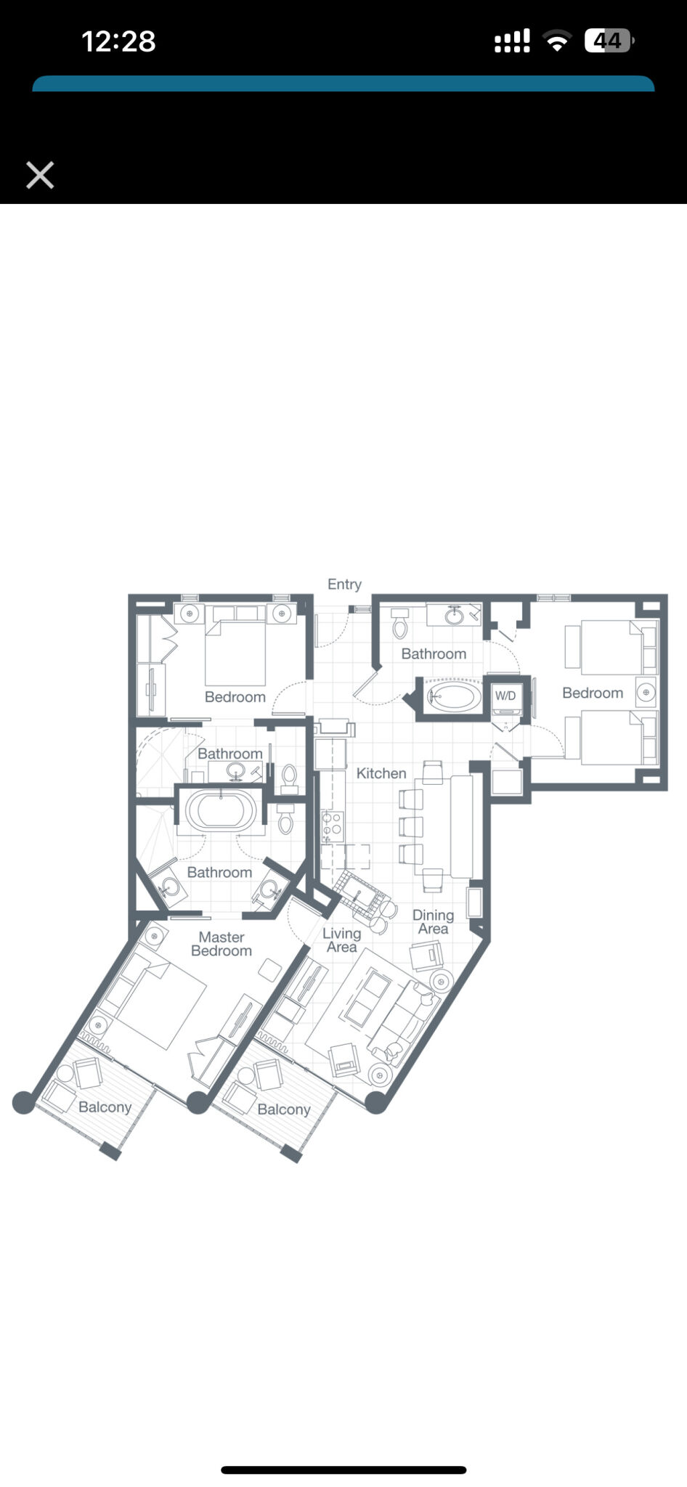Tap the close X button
click(x=40, y=175)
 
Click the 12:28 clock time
click(x=118, y=41)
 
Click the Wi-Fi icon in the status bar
click(x=557, y=41)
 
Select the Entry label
click(x=344, y=584)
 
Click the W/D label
click(x=505, y=696)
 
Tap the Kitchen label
click(x=381, y=774)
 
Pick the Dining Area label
click(x=433, y=922)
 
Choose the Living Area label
click(x=341, y=940)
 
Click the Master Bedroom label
click(x=221, y=944)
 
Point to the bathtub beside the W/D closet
click(x=453, y=697)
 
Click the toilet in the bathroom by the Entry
click(x=399, y=624)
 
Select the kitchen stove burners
click(x=332, y=826)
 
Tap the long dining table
click(x=461, y=826)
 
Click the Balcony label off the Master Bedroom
click(x=105, y=1107)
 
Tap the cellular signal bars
click(x=512, y=41)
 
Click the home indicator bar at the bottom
click(x=343, y=1470)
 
